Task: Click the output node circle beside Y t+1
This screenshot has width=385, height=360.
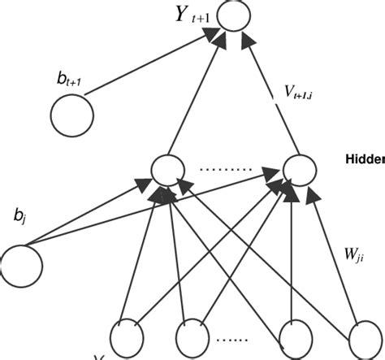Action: coord(234,16)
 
